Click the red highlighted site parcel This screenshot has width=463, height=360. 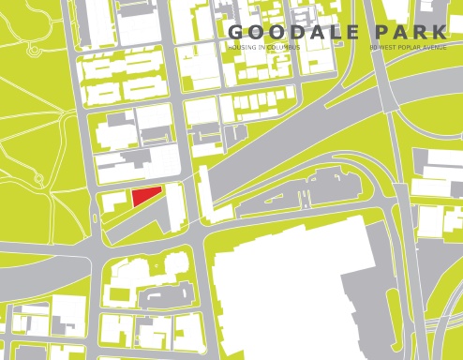(x=144, y=196)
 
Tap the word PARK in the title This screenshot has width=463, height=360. (x=419, y=33)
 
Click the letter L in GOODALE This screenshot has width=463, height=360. (x=328, y=33)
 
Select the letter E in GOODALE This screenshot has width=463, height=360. (x=350, y=33)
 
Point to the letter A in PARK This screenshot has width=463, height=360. (x=409, y=33)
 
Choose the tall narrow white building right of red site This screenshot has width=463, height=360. (x=175, y=201)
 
